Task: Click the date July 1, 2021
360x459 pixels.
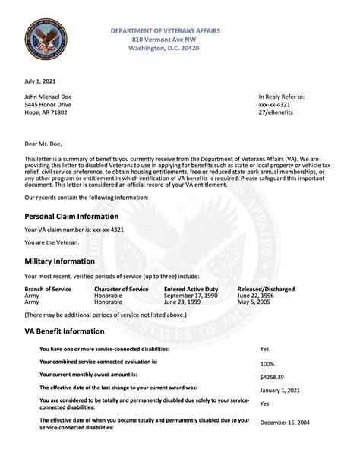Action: tap(39, 80)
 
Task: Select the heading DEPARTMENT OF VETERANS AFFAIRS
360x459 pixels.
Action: tap(166, 30)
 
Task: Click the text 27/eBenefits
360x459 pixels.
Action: tap(275, 112)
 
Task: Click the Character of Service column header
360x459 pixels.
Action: tap(122, 290)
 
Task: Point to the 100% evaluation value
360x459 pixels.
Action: tap(267, 363)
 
